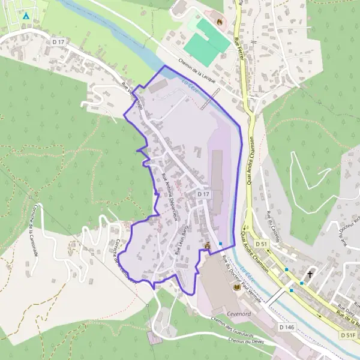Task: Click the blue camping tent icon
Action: tap(26, 15)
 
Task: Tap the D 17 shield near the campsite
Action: tap(58, 41)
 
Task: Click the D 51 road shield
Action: tap(260, 244)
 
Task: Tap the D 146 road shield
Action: tap(287, 327)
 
